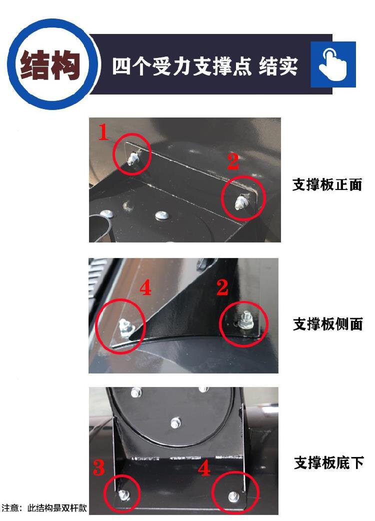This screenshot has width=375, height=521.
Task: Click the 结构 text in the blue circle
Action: (50, 65)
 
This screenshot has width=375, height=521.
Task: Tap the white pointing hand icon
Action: (332, 64)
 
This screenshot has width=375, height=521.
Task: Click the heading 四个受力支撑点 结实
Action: (204, 66)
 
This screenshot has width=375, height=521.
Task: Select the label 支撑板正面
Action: (327, 184)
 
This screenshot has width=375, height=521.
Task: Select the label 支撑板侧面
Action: (328, 324)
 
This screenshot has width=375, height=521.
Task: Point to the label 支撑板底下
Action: (329, 462)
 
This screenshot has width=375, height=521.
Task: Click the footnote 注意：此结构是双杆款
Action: (44, 508)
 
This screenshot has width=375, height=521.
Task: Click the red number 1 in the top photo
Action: (103, 132)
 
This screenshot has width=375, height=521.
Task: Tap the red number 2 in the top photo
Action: (233, 161)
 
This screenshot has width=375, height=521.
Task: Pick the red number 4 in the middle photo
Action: (145, 287)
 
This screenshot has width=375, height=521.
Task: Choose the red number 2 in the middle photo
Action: (222, 287)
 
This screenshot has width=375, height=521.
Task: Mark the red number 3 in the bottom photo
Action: (98, 467)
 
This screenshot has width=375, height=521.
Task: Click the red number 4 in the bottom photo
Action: (204, 468)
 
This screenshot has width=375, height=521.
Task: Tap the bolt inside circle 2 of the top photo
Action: (240, 202)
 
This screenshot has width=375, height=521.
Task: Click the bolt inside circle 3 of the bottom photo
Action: (124, 495)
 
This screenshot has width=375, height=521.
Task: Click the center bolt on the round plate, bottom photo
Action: (175, 423)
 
